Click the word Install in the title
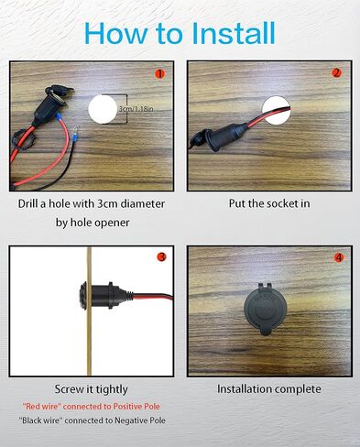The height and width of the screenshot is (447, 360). coord(235,33)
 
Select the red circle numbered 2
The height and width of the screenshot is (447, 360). coord(336,73)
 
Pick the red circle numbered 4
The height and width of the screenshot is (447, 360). coord(338,257)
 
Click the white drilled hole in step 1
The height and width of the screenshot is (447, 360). coord(104,112)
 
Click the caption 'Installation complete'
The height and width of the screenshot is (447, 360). coord(269,388)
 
